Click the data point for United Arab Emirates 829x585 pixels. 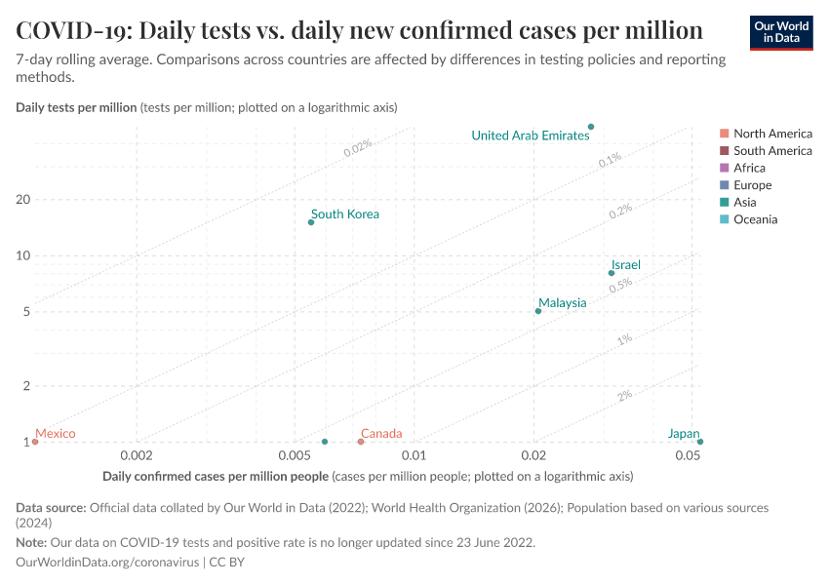[x=591, y=127]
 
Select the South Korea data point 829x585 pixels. [x=311, y=222]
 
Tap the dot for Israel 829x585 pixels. [x=612, y=273]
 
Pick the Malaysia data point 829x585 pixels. [x=538, y=311]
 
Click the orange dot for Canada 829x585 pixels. [x=361, y=442]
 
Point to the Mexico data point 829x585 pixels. [x=35, y=442]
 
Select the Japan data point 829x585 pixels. [x=700, y=442]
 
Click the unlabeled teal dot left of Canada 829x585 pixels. [x=325, y=442]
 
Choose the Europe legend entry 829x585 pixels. [x=752, y=185]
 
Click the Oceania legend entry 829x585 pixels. [x=755, y=219]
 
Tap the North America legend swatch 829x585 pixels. [x=724, y=134]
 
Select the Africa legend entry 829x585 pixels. [x=749, y=168]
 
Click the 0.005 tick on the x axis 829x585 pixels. [x=295, y=455]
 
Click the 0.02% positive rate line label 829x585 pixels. [x=357, y=146]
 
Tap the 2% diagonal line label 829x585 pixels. [x=624, y=395]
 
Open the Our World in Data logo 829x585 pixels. [x=781, y=32]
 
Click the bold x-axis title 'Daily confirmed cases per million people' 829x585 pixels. [x=215, y=477]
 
